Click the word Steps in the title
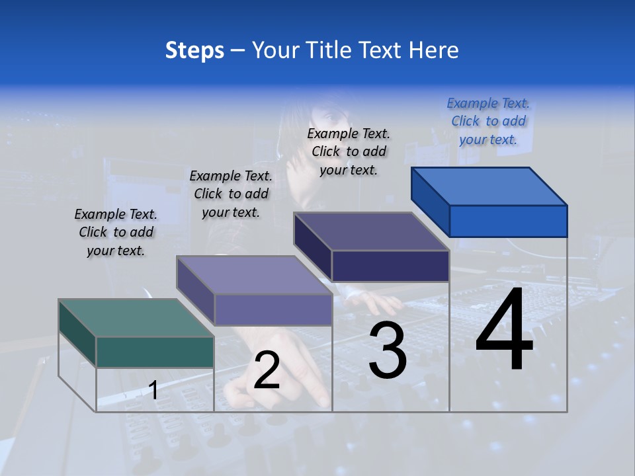coord(194,50)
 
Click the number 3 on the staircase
coord(388,350)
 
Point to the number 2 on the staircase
coord(267,370)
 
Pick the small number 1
coord(153,390)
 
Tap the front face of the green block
coord(155,352)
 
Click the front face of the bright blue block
coord(508,221)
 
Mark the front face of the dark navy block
coord(390,266)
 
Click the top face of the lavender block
coord(254,274)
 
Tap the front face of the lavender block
coord(273,309)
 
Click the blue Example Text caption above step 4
coord(488,121)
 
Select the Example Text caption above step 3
coord(349,151)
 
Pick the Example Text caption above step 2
coord(231,194)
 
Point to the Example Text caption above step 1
coord(116,232)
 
